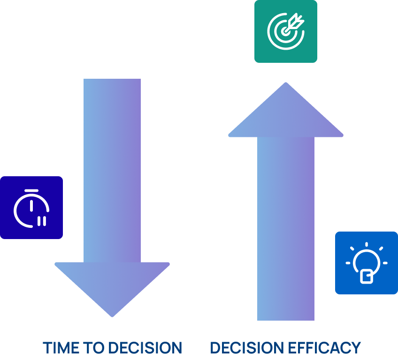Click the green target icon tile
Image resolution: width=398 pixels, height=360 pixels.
pyautogui.click(x=285, y=31)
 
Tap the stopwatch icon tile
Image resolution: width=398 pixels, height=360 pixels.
pyautogui.click(x=31, y=208)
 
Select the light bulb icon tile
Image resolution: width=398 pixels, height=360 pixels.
pyautogui.click(x=366, y=263)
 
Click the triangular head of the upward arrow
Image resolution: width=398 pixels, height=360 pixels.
pyautogui.click(x=285, y=115)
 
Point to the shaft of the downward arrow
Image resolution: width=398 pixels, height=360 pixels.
pyautogui.click(x=112, y=169)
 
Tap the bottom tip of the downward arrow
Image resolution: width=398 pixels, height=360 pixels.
pyautogui.click(x=112, y=315)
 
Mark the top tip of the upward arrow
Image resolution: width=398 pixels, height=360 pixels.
pyautogui.click(x=285, y=84)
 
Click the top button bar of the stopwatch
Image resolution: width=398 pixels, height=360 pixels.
pyautogui.click(x=31, y=190)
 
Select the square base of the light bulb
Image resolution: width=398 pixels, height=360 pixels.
pyautogui.click(x=366, y=276)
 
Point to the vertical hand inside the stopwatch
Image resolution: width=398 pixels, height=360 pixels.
pyautogui.click(x=31, y=205)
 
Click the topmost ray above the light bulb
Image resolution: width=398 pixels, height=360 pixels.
pyautogui.click(x=366, y=244)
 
